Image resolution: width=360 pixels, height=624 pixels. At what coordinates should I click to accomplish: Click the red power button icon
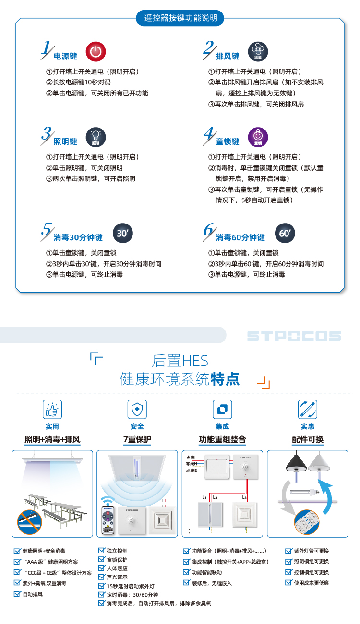[x=96, y=51]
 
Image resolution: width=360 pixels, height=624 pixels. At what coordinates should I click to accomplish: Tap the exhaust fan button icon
[x=258, y=51]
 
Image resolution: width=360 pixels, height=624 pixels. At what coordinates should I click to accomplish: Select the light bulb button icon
[x=96, y=137]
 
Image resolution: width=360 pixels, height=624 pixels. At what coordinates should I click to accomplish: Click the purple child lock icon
[x=258, y=137]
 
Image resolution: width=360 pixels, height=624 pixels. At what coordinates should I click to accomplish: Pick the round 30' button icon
[x=123, y=233]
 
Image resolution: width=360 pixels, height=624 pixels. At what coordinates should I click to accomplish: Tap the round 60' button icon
[x=285, y=233]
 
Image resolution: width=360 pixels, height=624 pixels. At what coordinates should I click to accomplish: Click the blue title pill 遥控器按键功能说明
[x=180, y=18]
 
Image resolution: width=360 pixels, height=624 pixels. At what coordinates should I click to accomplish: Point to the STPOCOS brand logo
[x=294, y=336]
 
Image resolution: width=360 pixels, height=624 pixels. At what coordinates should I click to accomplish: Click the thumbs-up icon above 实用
[x=52, y=409]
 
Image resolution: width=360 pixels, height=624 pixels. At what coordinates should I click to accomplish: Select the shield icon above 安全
[x=137, y=409]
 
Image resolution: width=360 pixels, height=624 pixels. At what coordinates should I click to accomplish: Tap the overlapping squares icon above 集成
[x=222, y=409]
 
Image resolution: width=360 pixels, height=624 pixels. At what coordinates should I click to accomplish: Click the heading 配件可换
[x=308, y=439]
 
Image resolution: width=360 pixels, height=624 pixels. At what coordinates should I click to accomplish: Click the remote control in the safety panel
[x=108, y=520]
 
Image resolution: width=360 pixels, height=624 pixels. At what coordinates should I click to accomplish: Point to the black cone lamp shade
[x=296, y=463]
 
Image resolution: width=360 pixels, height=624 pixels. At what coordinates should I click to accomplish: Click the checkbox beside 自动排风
[x=17, y=594]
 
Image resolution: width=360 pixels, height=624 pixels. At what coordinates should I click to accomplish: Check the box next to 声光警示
[x=102, y=577]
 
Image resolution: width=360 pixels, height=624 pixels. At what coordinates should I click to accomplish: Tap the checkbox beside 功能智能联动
[x=187, y=572]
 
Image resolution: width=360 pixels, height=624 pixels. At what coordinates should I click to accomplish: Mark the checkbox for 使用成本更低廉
[x=288, y=582]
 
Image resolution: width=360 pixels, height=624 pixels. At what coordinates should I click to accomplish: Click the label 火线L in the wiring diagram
[x=192, y=458]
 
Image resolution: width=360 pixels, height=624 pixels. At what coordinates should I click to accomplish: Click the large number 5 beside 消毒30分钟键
[x=47, y=230]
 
